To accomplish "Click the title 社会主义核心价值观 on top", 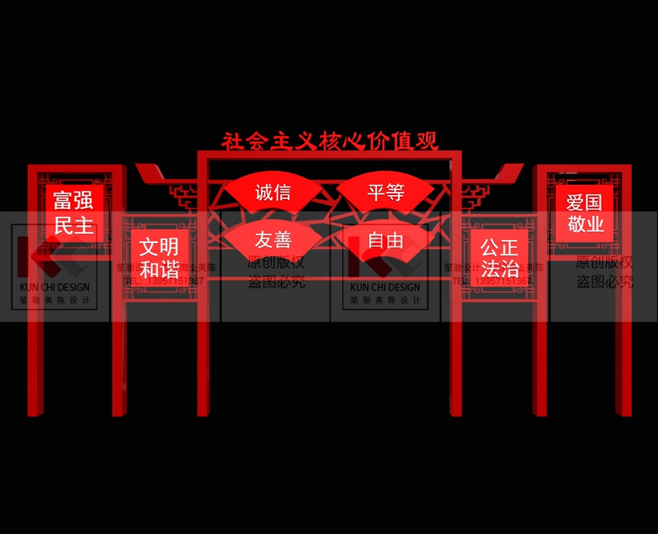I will [x=330, y=141].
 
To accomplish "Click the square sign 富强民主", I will [x=74, y=213].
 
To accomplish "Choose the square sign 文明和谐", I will [x=159, y=257].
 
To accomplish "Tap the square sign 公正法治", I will [x=499, y=257].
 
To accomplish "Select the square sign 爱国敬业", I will [x=584, y=213].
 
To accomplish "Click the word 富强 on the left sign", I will [x=74, y=201].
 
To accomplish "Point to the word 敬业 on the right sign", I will [x=584, y=224].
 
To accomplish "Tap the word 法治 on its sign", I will [x=499, y=269].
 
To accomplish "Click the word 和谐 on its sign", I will [x=159, y=269].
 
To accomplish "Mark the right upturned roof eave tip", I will [x=519, y=167].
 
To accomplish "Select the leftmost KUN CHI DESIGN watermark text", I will [x=54, y=287].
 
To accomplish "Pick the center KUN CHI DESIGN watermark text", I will [x=386, y=287].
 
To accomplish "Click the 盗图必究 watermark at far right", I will [x=605, y=282].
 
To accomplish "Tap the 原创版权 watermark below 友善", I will [x=276, y=262].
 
